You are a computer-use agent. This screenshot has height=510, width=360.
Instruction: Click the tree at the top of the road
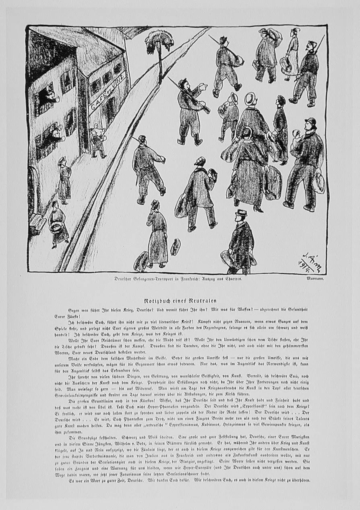(x=159, y=43)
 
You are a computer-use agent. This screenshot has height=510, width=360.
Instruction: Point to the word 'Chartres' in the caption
(x=231, y=279)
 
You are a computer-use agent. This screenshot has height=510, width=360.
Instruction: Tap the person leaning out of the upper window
(x=51, y=95)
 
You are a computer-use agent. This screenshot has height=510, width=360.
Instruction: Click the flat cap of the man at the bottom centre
(x=240, y=212)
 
